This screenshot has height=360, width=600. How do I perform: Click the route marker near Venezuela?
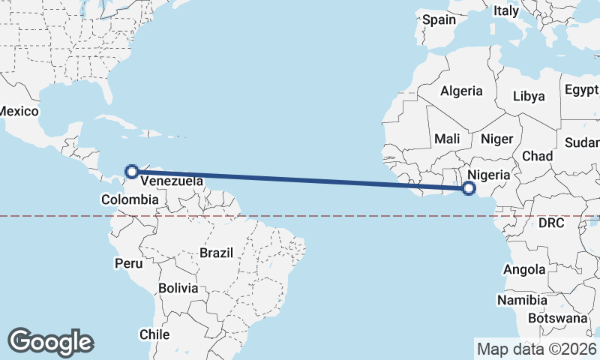pos(132,171)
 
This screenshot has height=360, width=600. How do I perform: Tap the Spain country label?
pos(439,20)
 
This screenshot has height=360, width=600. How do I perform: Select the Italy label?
pos(505,11)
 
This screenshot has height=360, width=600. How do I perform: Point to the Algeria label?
pos(461,91)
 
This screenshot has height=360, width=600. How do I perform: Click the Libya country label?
pos(529,96)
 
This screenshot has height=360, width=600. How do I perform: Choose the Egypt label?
pos(581,90)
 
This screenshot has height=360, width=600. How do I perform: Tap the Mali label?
pos(447,139)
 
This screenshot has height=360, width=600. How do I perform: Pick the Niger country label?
pos(496,139)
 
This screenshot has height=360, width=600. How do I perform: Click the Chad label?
pos(537,156)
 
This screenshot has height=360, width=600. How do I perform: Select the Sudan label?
pos(581,142)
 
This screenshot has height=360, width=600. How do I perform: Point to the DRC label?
pos(551,223)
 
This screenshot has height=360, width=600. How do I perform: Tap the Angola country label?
pos(525,269)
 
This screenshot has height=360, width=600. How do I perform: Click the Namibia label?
pos(522,300)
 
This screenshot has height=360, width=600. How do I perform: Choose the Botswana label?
pos(557,318)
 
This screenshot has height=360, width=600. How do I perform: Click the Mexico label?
pos(18,111)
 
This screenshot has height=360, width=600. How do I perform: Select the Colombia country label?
pos(130,199)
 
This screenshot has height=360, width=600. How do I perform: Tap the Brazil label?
pos(217,253)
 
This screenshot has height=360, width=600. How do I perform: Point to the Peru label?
pos(128,263)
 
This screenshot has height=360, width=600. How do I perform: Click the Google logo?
pos(50,341)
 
